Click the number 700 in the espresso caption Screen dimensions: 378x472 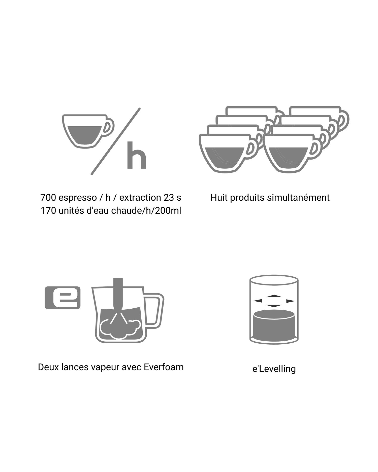pyautogui.click(x=48, y=198)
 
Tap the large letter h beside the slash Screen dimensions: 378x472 pyautogui.click(x=137, y=155)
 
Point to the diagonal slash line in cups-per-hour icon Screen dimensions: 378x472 pyautogui.click(x=115, y=141)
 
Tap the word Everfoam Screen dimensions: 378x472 pyautogui.click(x=164, y=367)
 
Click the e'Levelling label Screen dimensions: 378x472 pyautogui.click(x=274, y=369)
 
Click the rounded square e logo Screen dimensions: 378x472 pyautogui.click(x=62, y=298)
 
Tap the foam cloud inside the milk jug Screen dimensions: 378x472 pyautogui.click(x=120, y=328)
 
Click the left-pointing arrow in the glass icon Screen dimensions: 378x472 pyautogui.click(x=258, y=301)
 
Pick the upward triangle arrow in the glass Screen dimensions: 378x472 pyautogui.click(x=274, y=296)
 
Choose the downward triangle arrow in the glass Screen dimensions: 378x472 pyautogui.click(x=274, y=306)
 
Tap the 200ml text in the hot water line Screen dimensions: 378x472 pyautogui.click(x=168, y=210)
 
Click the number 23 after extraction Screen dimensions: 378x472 pyautogui.click(x=169, y=198)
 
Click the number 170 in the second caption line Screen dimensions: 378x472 pyautogui.click(x=48, y=210)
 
